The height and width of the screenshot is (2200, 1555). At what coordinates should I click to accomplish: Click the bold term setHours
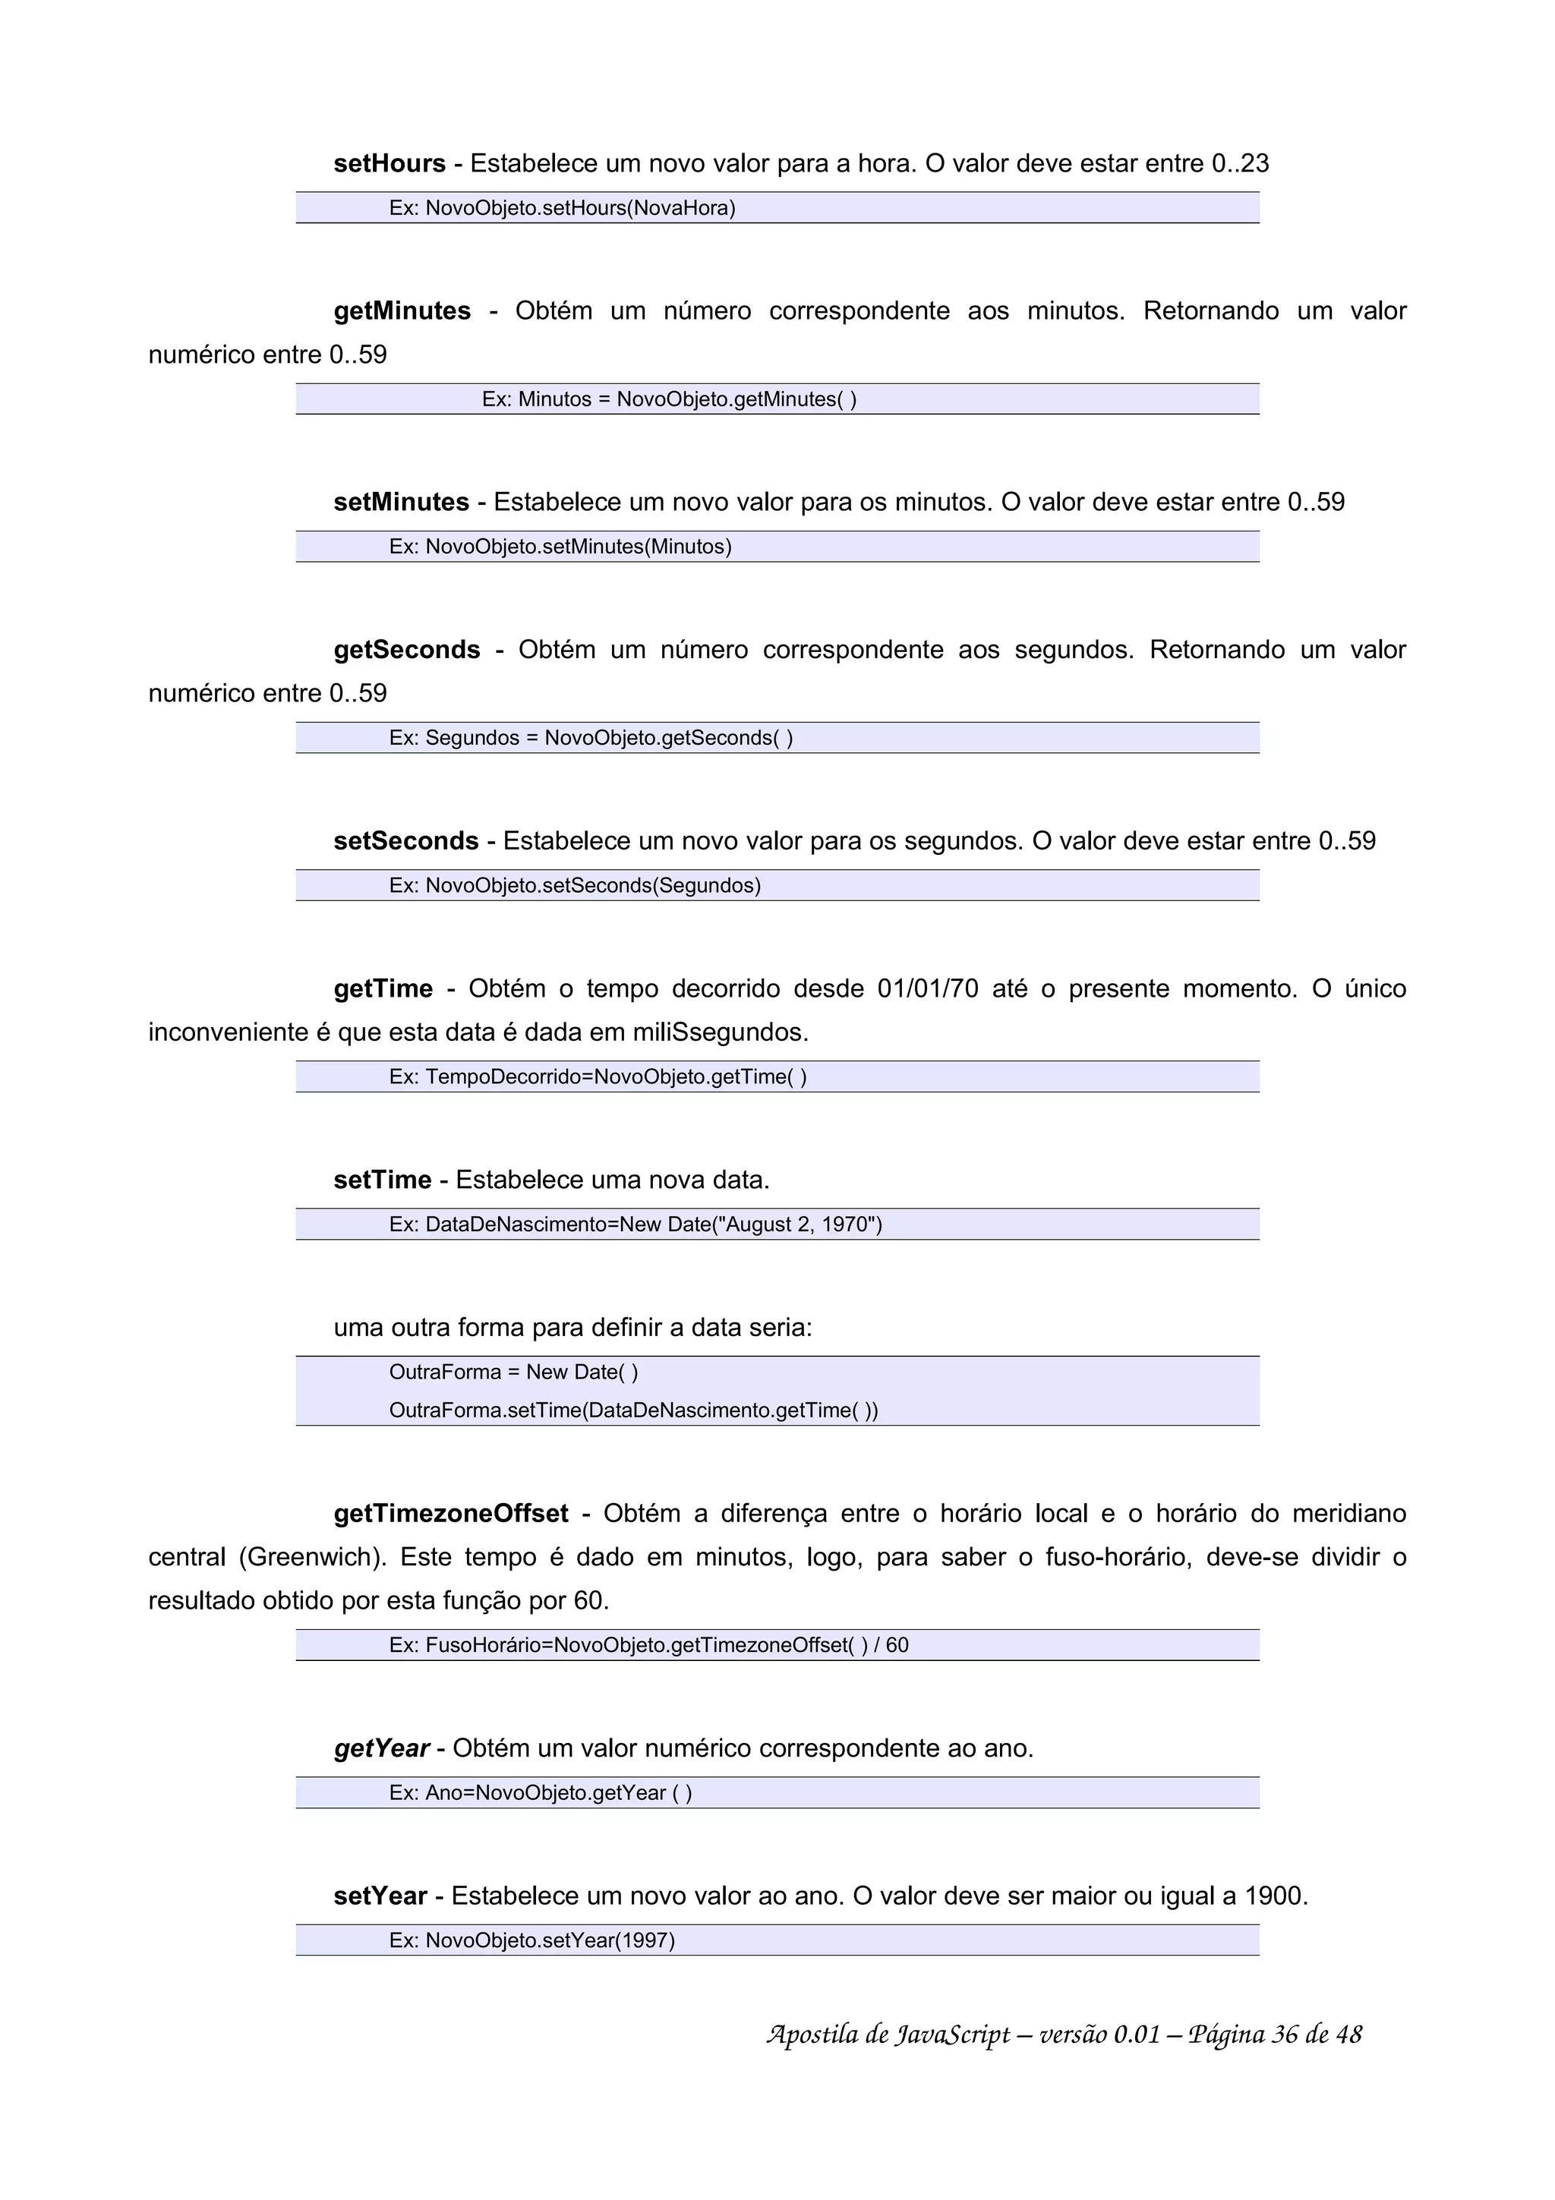[389, 164]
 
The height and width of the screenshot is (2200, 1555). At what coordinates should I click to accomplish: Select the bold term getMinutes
[402, 311]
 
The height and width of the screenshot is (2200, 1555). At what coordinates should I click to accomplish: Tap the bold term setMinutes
[400, 503]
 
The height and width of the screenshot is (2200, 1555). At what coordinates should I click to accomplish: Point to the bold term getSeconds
[406, 650]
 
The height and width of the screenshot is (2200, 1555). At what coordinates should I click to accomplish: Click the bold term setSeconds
[405, 841]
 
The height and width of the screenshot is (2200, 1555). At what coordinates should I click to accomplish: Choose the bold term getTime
[383, 989]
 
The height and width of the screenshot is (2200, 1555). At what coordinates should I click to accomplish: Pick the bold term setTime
[382, 1180]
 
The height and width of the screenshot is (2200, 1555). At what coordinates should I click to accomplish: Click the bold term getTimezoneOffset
[450, 1514]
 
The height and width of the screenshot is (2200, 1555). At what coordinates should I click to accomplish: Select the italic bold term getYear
[381, 1749]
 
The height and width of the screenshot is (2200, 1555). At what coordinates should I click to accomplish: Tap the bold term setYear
[380, 1896]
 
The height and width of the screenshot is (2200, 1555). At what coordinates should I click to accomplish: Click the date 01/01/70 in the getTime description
[927, 989]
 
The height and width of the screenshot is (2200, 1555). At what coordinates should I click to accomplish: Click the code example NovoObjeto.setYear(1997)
[550, 1940]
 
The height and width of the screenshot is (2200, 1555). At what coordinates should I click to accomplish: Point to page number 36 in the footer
[1284, 2035]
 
